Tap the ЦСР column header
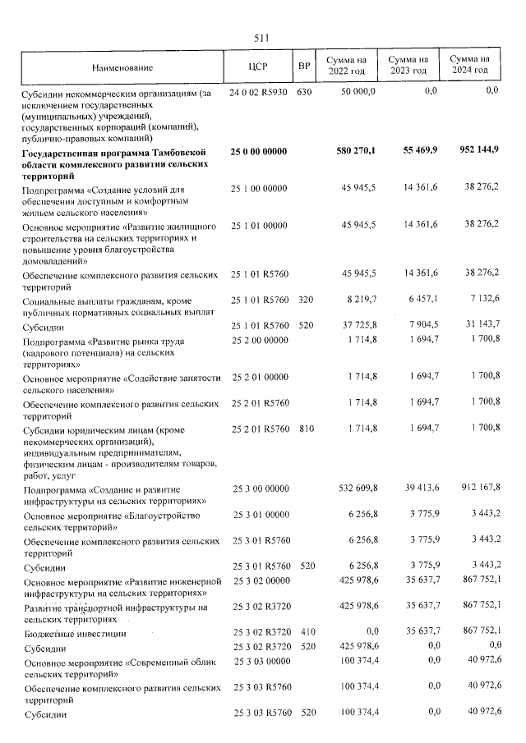pos(259,66)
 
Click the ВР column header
pos(304,66)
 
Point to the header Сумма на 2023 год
pos(408,66)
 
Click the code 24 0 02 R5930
pos(259,92)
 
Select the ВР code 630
pos(304,92)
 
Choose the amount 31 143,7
pos(480,326)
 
